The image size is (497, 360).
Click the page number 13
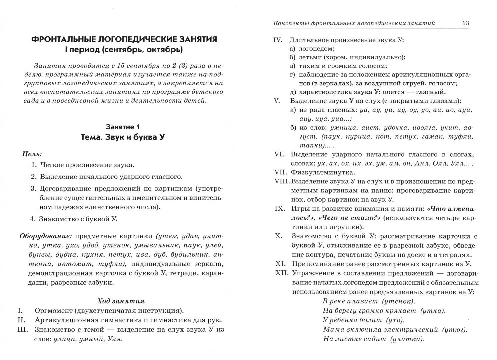(x=465, y=23)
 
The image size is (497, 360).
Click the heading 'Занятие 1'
(x=123, y=127)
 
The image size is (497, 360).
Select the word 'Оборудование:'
(x=46, y=236)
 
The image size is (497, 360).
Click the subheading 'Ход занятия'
(x=121, y=301)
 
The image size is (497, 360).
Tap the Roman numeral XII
(x=281, y=273)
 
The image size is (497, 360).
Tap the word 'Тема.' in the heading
(x=93, y=137)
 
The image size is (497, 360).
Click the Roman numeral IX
(x=279, y=209)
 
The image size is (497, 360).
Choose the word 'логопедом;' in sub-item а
(x=312, y=48)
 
